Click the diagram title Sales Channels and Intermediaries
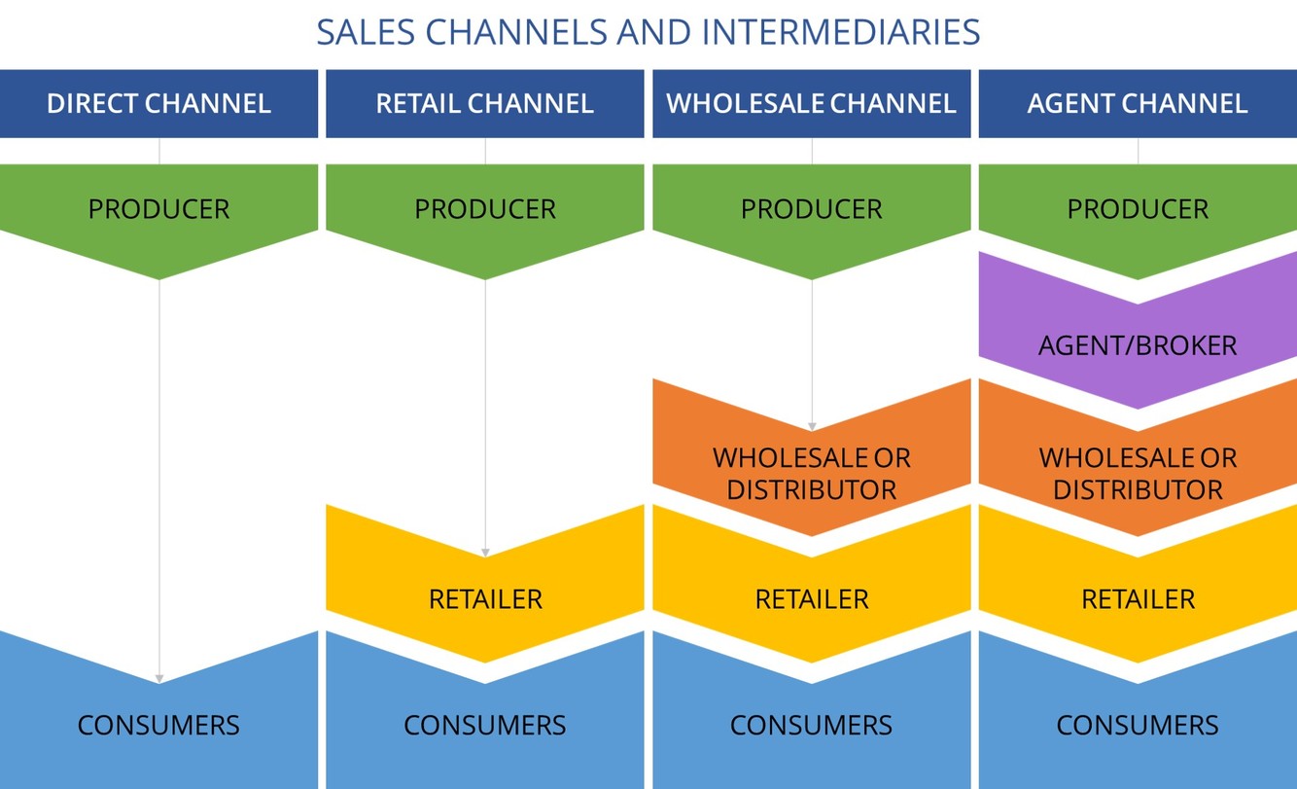tap(648, 32)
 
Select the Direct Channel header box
tap(158, 103)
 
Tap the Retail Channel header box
tap(484, 103)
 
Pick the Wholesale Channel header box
tap(811, 103)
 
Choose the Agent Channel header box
tap(1138, 103)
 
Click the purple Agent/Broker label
tap(1138, 344)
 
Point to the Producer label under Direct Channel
tap(158, 209)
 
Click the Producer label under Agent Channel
tap(1138, 209)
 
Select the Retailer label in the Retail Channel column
tap(484, 599)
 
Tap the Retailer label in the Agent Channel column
tap(1138, 599)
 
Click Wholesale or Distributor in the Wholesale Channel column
tap(811, 474)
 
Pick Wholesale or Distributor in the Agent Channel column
tap(1138, 474)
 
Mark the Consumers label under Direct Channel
tap(158, 725)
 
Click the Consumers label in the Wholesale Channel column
tap(811, 725)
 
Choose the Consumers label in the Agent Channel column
tap(1138, 725)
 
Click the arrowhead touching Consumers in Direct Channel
tap(158, 679)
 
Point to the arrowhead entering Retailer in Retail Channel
tap(485, 553)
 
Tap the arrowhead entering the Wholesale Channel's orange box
tap(812, 426)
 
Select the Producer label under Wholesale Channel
tap(811, 209)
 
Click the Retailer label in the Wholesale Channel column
tap(811, 599)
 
